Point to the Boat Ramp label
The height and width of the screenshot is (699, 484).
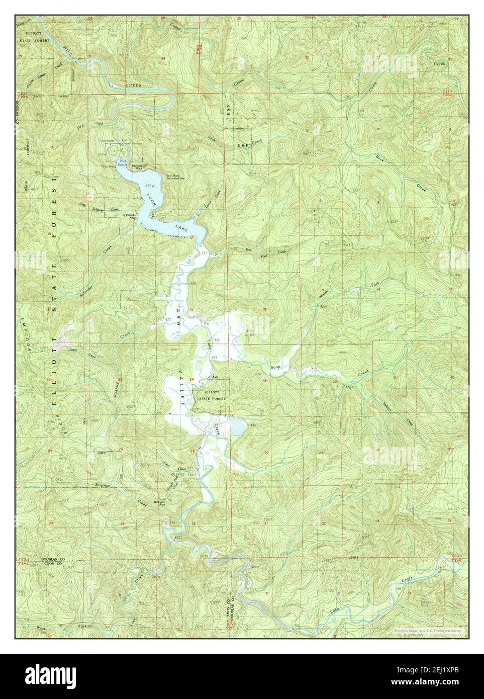122,162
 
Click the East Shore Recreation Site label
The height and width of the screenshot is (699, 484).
175,177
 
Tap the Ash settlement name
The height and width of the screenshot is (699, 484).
215,377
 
